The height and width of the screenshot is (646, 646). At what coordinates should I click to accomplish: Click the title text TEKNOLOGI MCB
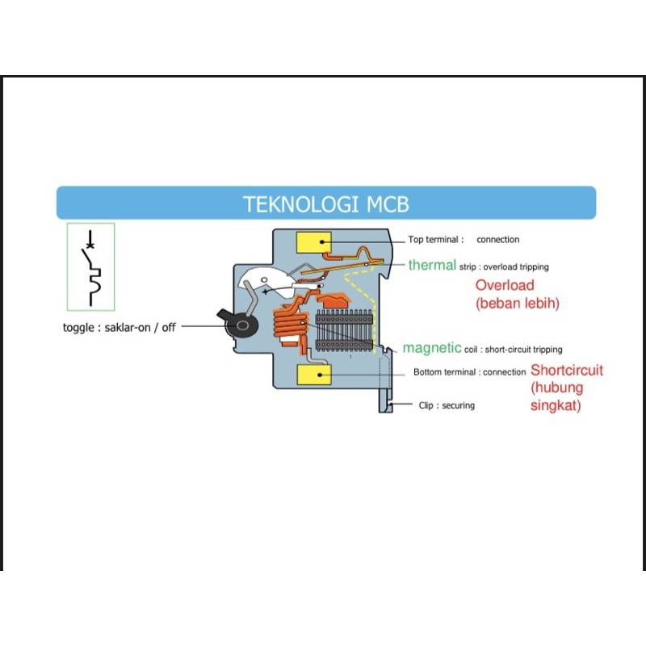(x=326, y=204)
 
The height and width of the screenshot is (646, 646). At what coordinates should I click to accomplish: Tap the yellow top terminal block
(x=315, y=241)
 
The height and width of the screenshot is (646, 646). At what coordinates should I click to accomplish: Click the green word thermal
(x=432, y=265)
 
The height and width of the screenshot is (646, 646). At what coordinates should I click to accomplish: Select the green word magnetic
(x=432, y=348)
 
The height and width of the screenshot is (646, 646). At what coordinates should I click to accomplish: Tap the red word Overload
(x=505, y=285)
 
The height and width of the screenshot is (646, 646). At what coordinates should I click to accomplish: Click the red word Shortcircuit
(x=567, y=371)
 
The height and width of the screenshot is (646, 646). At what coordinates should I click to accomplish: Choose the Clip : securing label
(x=447, y=405)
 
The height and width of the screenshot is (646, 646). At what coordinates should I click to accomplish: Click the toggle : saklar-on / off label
(x=119, y=328)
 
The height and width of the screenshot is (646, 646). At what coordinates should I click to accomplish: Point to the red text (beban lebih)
(x=518, y=304)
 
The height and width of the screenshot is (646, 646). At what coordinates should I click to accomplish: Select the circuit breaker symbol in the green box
(x=90, y=266)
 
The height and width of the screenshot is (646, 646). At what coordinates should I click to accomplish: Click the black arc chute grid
(x=345, y=329)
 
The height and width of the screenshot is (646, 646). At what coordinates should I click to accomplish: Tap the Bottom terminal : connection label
(x=469, y=372)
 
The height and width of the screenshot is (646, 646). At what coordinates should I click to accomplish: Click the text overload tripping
(x=521, y=266)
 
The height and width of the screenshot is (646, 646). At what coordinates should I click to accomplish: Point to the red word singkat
(x=555, y=406)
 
